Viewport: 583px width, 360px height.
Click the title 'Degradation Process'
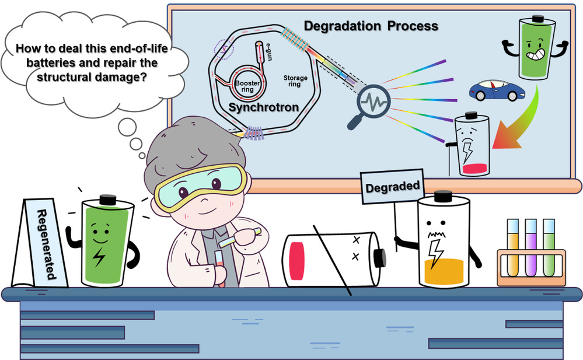coord(371,26)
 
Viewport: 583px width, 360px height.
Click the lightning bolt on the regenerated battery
coord(101,258)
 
